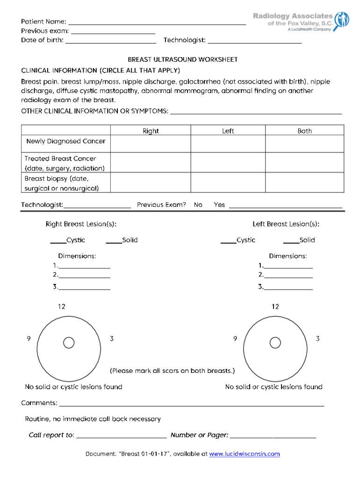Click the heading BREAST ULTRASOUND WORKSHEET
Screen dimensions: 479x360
coord(183,59)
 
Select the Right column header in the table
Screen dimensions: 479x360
coord(151,131)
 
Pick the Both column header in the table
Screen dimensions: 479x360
coord(304,131)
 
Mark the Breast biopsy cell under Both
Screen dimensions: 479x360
coord(304,183)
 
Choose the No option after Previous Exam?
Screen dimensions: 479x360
coord(198,205)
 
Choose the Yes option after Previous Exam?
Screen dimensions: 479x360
coord(219,205)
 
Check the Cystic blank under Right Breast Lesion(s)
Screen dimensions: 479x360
coord(58,241)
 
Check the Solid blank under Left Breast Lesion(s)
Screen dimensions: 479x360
coord(291,241)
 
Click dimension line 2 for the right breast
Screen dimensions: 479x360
coord(84,276)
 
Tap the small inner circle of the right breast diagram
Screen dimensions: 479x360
coord(69,343)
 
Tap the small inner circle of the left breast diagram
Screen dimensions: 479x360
coord(276,343)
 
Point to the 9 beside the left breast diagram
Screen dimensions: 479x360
coord(235,338)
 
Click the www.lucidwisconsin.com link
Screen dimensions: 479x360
coord(244,454)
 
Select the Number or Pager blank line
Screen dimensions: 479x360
coord(273,436)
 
